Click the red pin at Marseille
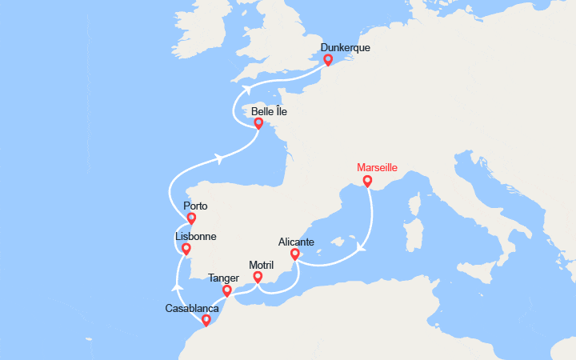coord(367,182)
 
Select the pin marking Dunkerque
coord(328,60)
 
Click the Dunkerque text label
coord(345,47)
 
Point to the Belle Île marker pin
coord(258,124)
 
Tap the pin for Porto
coord(191,218)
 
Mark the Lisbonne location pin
coord(186,250)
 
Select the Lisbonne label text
coord(195,237)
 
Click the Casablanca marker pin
coord(206,321)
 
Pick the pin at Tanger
coord(227,291)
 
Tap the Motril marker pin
coord(258,278)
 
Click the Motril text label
coord(261,265)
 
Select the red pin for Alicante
coord(294,254)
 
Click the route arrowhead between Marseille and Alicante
coord(361,247)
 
